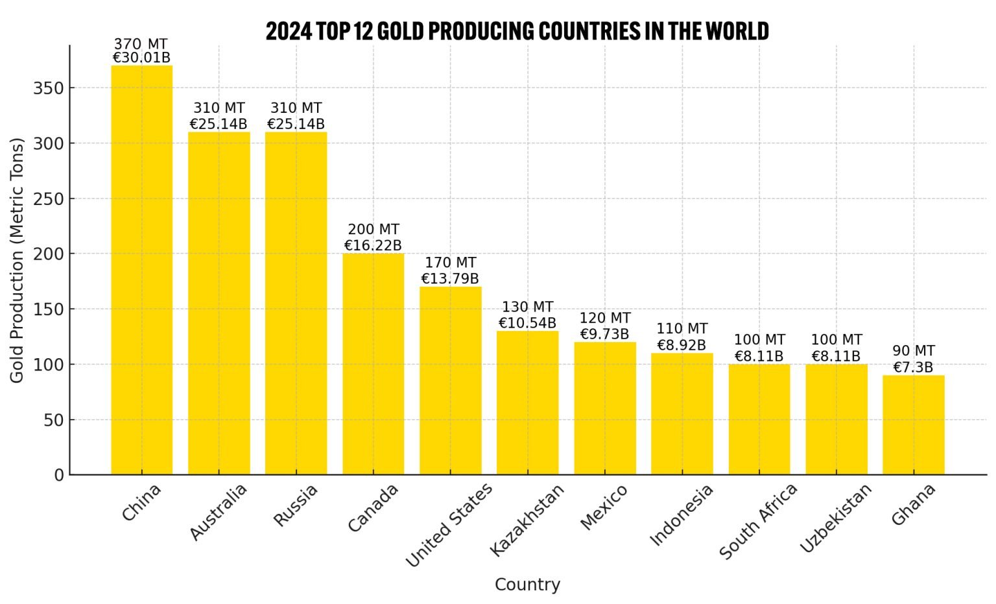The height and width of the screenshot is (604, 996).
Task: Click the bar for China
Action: [x=141, y=270]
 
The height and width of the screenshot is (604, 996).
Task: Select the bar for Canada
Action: [x=373, y=364]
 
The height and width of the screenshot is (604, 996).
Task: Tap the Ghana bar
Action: [x=913, y=425]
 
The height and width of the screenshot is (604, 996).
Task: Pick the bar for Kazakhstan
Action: [x=527, y=403]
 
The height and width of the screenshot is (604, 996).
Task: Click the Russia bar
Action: [x=296, y=303]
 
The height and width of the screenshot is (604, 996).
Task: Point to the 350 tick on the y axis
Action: [x=49, y=88]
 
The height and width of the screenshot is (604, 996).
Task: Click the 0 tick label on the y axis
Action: [x=59, y=476]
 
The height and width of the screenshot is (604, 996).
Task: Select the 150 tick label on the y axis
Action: [x=49, y=309]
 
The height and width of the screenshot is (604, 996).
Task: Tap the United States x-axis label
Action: [x=449, y=525]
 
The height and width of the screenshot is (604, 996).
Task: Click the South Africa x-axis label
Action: [x=758, y=522]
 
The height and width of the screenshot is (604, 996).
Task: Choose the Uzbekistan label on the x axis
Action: [x=835, y=518]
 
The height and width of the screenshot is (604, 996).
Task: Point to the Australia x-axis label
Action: [x=219, y=512]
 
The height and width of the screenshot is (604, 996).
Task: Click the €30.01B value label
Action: [x=141, y=58]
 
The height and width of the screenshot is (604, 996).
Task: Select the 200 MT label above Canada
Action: [x=373, y=230]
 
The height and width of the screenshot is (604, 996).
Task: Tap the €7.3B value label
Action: [x=913, y=367]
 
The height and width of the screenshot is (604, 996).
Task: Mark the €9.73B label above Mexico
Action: [x=604, y=334]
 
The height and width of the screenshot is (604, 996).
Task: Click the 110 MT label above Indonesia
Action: [x=682, y=329]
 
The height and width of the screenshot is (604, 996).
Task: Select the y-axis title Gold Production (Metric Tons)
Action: [x=17, y=260]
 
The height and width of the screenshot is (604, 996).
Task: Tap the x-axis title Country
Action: [x=527, y=585]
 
